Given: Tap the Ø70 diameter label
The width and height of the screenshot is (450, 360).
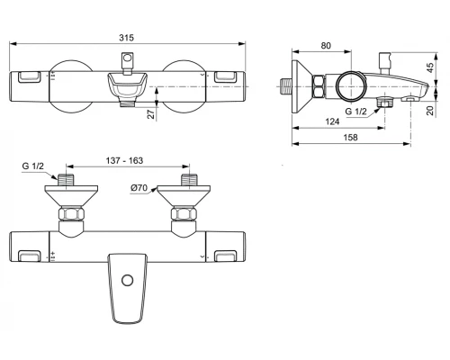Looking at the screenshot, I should [x=139, y=187].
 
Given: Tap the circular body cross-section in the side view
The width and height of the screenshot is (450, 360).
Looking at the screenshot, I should [x=346, y=87].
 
